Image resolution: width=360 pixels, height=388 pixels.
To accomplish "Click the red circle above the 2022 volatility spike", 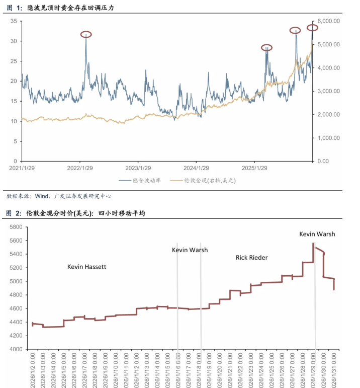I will [x=86, y=34].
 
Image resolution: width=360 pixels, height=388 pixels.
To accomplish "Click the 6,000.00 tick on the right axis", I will [x=329, y=21].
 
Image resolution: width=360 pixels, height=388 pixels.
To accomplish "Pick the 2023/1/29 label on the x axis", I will [x=138, y=168].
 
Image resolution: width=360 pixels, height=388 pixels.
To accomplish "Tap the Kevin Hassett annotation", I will [x=87, y=266].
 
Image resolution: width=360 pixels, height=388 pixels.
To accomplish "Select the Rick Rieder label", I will [x=251, y=258].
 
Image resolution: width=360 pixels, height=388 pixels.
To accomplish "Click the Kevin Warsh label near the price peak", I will [x=317, y=234].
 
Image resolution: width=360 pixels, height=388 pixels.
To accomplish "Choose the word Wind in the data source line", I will [x=42, y=196].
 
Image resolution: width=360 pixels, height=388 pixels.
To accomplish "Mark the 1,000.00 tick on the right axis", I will [x=329, y=138].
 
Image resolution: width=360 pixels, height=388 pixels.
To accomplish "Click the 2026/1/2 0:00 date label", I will [x=33, y=370].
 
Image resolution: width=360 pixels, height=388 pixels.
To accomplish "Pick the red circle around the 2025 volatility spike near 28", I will [x=266, y=48].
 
